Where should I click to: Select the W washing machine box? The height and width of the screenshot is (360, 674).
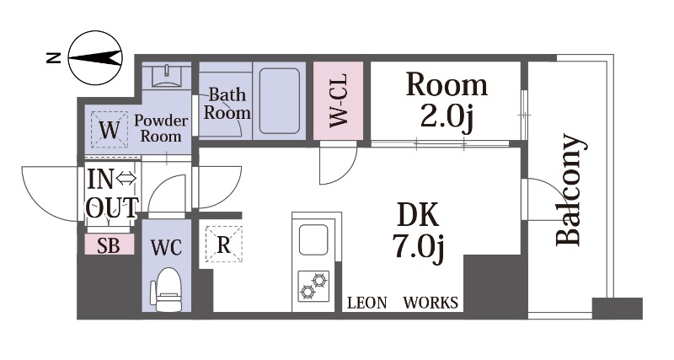110,130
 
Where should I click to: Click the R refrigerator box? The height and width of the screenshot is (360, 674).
223,244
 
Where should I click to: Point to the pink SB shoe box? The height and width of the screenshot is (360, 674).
110,244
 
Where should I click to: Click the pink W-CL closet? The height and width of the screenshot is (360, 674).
339,100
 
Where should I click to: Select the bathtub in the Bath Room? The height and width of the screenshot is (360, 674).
280,100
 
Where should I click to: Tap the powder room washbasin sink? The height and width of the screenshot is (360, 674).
166,76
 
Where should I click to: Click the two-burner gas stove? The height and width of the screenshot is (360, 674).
313,286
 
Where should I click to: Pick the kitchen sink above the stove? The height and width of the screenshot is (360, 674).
313,239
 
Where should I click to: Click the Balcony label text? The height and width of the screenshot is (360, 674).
570,190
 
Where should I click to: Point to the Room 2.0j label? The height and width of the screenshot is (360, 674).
447,101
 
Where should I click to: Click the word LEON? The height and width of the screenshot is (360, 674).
367,303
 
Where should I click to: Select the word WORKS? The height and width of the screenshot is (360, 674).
431,303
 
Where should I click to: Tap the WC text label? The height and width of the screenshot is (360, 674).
166,247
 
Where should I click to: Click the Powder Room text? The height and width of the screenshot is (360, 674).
161,128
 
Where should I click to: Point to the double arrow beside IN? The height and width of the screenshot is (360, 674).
127,178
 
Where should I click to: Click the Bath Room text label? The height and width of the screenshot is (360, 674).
227,104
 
